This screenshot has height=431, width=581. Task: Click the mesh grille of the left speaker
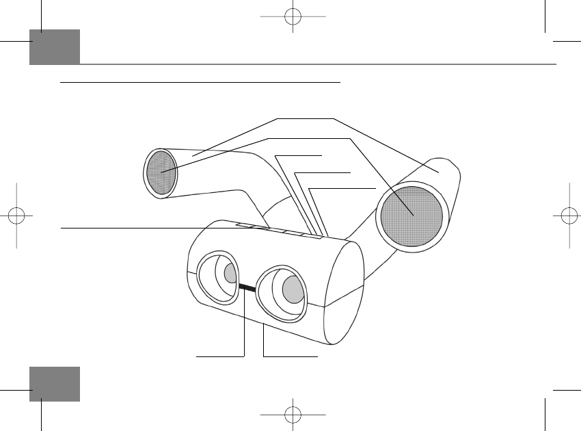(160, 173)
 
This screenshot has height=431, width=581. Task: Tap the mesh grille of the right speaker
(411, 215)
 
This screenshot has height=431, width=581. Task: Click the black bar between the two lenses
(247, 288)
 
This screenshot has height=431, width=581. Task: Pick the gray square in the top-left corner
(55, 47)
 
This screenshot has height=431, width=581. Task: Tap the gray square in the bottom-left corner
(55, 384)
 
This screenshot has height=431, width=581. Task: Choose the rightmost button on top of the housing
(312, 237)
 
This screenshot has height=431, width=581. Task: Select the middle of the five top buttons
(278, 231)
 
